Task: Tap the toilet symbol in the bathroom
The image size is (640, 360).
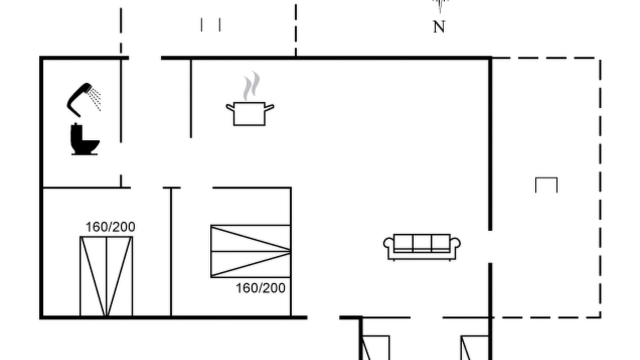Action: coord(84,139)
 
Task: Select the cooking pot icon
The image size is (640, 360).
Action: coord(249,113)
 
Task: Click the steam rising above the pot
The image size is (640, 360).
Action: coord(251,85)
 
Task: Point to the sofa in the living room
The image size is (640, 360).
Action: coord(421,247)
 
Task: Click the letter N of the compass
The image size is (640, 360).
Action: coord(439,27)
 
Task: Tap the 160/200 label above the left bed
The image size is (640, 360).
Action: coord(110,227)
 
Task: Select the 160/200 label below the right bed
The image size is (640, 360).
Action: coord(260,288)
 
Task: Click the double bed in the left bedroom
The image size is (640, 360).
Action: coord(106,276)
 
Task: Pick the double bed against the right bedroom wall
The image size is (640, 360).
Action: coord(251,251)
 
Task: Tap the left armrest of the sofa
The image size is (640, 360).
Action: coord(388,243)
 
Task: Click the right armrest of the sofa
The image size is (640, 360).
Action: coord(455,243)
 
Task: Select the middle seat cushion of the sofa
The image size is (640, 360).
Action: coord(421,242)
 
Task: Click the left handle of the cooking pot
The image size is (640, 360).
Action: coord(230,107)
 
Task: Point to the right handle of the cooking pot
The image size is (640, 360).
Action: coord(269,107)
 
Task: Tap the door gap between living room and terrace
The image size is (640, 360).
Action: coord(490,247)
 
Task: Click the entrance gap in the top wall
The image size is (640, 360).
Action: coord(145,58)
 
